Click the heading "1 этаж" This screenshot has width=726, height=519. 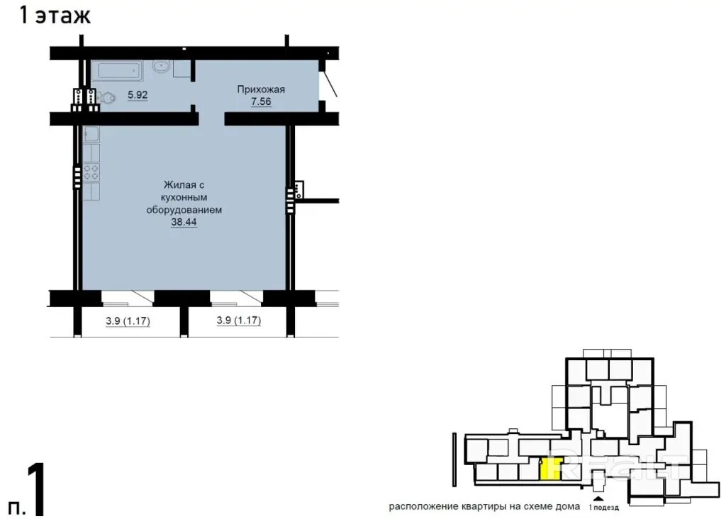coord(55,15)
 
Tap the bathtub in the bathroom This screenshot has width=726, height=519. coord(117,71)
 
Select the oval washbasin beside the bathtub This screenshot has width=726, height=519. coord(161,67)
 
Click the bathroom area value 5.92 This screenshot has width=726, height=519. coord(138,95)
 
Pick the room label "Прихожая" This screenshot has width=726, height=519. coord(261,89)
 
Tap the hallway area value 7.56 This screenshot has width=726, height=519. coord(261,101)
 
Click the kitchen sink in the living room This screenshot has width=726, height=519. coord(91,134)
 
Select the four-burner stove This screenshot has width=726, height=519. coord(91,172)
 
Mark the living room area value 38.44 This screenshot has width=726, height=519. coord(184,222)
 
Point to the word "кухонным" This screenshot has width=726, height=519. coord(184,197)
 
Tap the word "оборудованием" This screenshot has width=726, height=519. coord(184,210)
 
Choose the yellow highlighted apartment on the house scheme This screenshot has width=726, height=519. coord(551,469)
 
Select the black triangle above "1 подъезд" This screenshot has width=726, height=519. coord(598,498)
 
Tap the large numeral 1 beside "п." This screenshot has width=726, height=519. coord(37,489)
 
